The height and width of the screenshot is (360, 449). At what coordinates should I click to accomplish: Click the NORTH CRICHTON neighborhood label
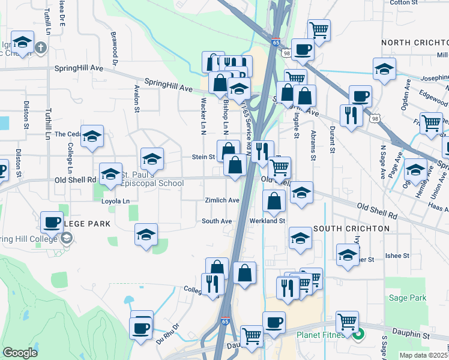(x=414, y=43)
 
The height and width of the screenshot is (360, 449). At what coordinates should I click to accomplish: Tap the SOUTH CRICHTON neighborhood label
(x=351, y=229)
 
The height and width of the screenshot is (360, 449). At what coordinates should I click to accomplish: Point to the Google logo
(x=20, y=353)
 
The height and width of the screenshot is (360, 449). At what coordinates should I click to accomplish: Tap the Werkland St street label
(x=267, y=221)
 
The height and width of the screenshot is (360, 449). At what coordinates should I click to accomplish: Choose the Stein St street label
(x=203, y=157)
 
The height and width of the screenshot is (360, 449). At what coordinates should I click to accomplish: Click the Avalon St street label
(x=137, y=100)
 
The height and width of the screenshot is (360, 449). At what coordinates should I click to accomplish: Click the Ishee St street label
(x=397, y=255)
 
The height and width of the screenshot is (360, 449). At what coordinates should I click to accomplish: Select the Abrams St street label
(x=312, y=146)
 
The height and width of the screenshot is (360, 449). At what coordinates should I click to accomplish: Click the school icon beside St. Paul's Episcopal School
(x=110, y=174)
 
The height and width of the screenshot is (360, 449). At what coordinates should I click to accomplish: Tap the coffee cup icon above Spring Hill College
(x=52, y=222)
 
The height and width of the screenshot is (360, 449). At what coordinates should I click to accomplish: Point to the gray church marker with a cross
(x=40, y=47)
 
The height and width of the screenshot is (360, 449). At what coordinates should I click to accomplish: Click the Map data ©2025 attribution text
(x=424, y=355)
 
